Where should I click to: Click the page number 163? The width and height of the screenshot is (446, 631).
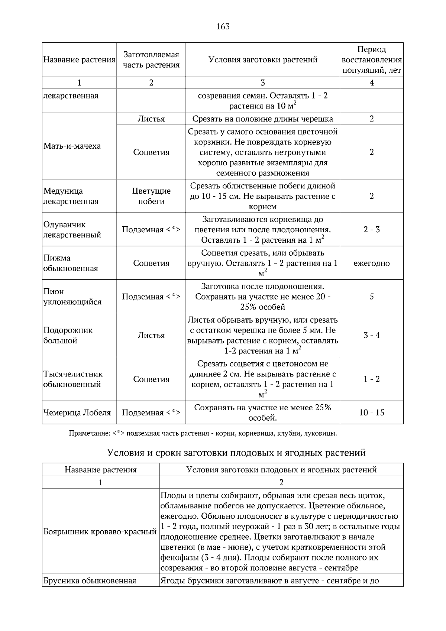[223, 26]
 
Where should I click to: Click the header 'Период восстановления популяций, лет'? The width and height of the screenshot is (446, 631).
[371, 59]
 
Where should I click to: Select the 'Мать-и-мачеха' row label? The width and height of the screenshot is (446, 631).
[72, 146]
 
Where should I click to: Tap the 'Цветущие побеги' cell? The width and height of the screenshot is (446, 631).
[151, 196]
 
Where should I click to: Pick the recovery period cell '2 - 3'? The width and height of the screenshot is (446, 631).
[371, 229]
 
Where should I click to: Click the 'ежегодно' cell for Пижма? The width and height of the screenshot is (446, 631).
[371, 263]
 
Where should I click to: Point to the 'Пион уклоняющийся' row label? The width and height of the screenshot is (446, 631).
[72, 297]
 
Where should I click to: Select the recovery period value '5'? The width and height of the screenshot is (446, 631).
[371, 297]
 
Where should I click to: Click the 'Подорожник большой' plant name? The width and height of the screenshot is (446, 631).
[68, 335]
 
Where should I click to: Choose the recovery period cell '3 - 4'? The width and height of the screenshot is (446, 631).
[371, 335]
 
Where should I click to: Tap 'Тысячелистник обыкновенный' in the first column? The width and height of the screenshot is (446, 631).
[73, 379]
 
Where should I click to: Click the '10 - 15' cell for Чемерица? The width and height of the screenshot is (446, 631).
[371, 412]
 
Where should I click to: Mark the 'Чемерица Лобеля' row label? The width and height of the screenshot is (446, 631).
[77, 412]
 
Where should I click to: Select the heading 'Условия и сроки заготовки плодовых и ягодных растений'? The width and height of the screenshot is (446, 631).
[236, 453]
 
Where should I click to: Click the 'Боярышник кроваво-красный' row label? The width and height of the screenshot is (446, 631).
[100, 532]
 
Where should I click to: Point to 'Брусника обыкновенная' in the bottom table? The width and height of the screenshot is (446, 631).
[90, 580]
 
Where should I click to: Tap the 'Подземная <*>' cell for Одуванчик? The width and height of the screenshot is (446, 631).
[151, 229]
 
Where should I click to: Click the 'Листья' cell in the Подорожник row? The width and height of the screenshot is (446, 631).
[151, 335]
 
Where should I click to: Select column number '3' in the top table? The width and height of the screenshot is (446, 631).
[262, 83]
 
